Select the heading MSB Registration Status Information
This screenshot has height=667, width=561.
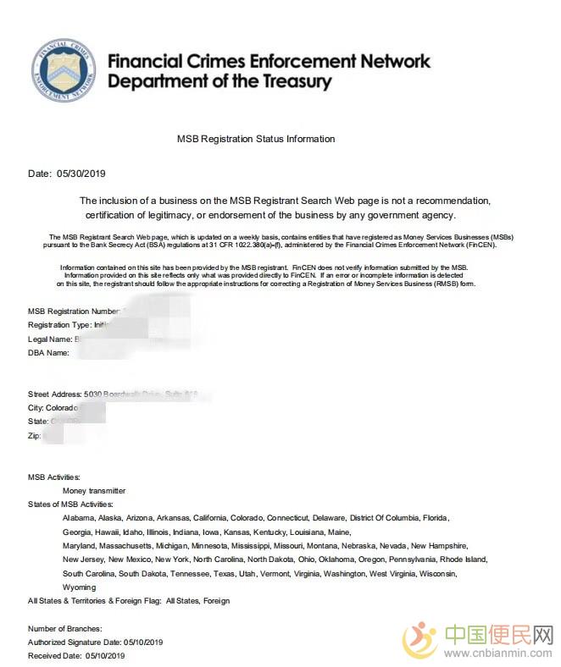point(255,139)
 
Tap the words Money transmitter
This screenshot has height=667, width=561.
point(94,490)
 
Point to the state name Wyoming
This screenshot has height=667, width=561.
point(79,587)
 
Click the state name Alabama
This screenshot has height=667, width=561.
point(78,517)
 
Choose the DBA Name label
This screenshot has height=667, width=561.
point(48,352)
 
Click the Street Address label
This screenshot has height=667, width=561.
point(54,394)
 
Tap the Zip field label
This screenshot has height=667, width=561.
point(35,435)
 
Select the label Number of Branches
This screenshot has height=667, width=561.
point(64,628)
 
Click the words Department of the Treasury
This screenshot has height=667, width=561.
point(219,82)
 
